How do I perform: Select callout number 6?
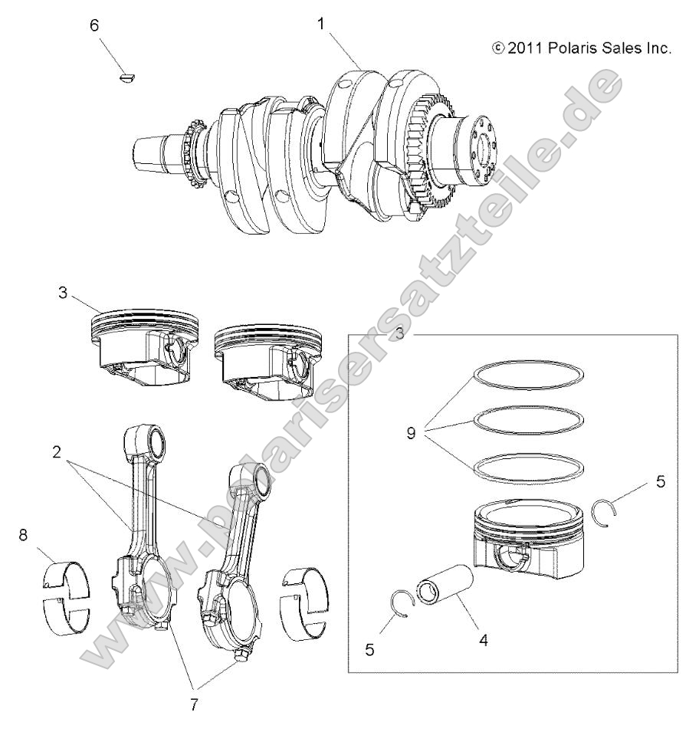(x=94, y=25)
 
